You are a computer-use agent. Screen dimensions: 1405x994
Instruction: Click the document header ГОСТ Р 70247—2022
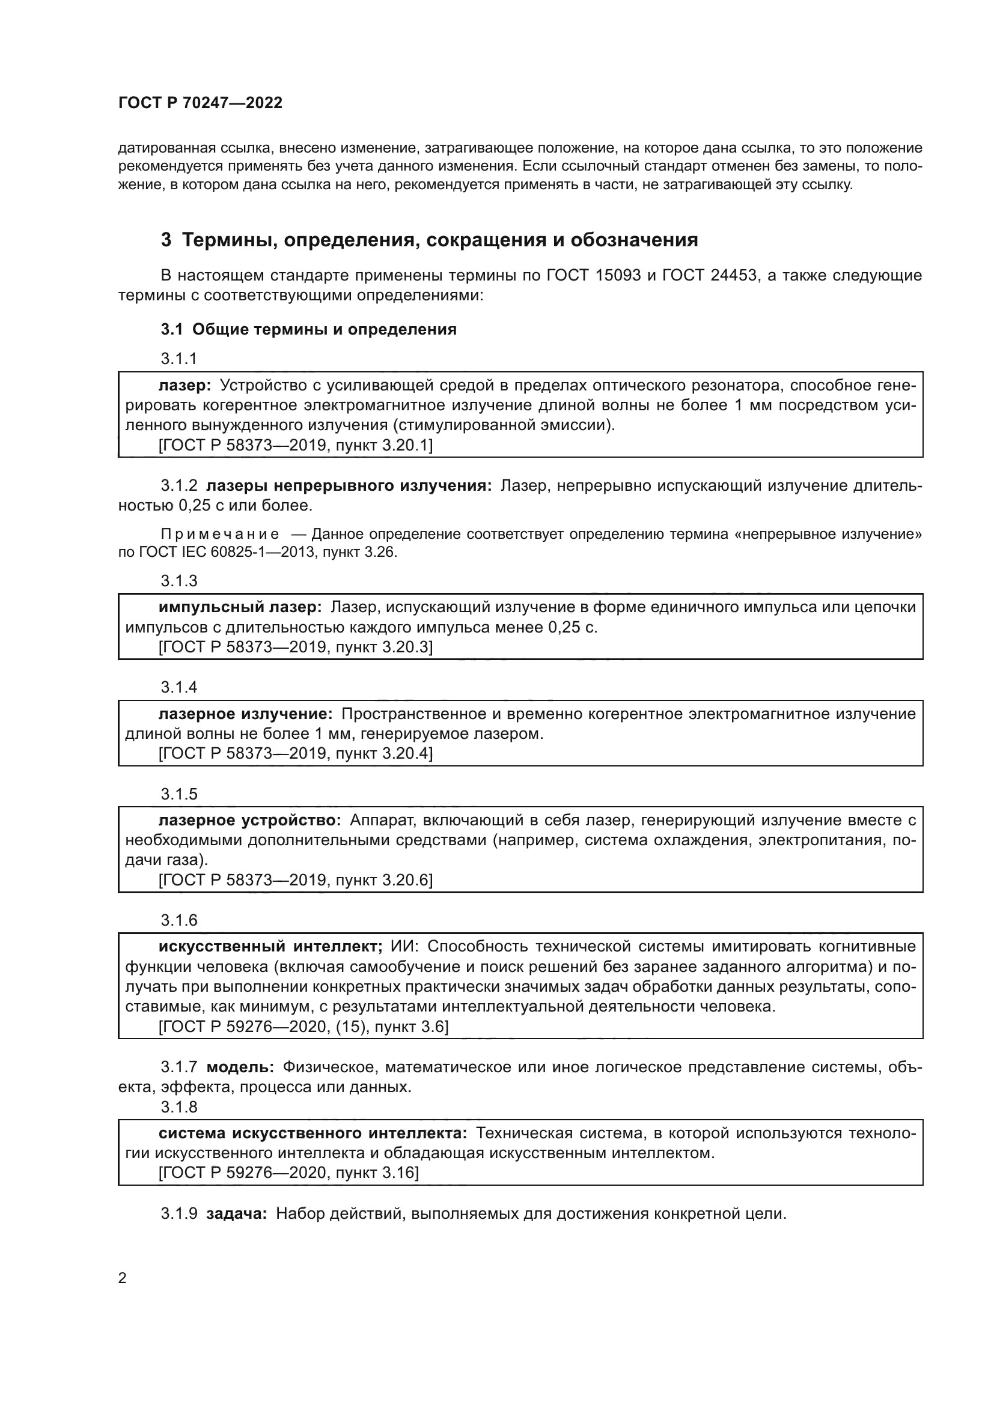[x=200, y=103]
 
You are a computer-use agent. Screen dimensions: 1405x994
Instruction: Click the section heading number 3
[x=166, y=240]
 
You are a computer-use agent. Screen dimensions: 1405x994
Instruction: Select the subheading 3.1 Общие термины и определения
[x=308, y=330]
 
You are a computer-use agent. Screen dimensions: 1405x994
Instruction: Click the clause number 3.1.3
[x=178, y=580]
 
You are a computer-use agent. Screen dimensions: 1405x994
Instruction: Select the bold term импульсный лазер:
[x=240, y=607]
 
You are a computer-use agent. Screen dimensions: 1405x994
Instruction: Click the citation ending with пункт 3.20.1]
[x=295, y=445]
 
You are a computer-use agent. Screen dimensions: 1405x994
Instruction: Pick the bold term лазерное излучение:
[x=245, y=714]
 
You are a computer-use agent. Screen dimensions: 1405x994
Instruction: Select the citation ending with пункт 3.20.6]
[x=295, y=880]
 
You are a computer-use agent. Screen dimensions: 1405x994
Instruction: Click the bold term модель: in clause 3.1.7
[x=240, y=1067]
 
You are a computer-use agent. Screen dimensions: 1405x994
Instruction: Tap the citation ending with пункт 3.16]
[x=288, y=1173]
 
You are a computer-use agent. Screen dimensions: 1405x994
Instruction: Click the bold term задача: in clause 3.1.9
[x=236, y=1213]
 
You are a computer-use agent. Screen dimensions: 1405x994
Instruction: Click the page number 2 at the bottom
[x=123, y=1278]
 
